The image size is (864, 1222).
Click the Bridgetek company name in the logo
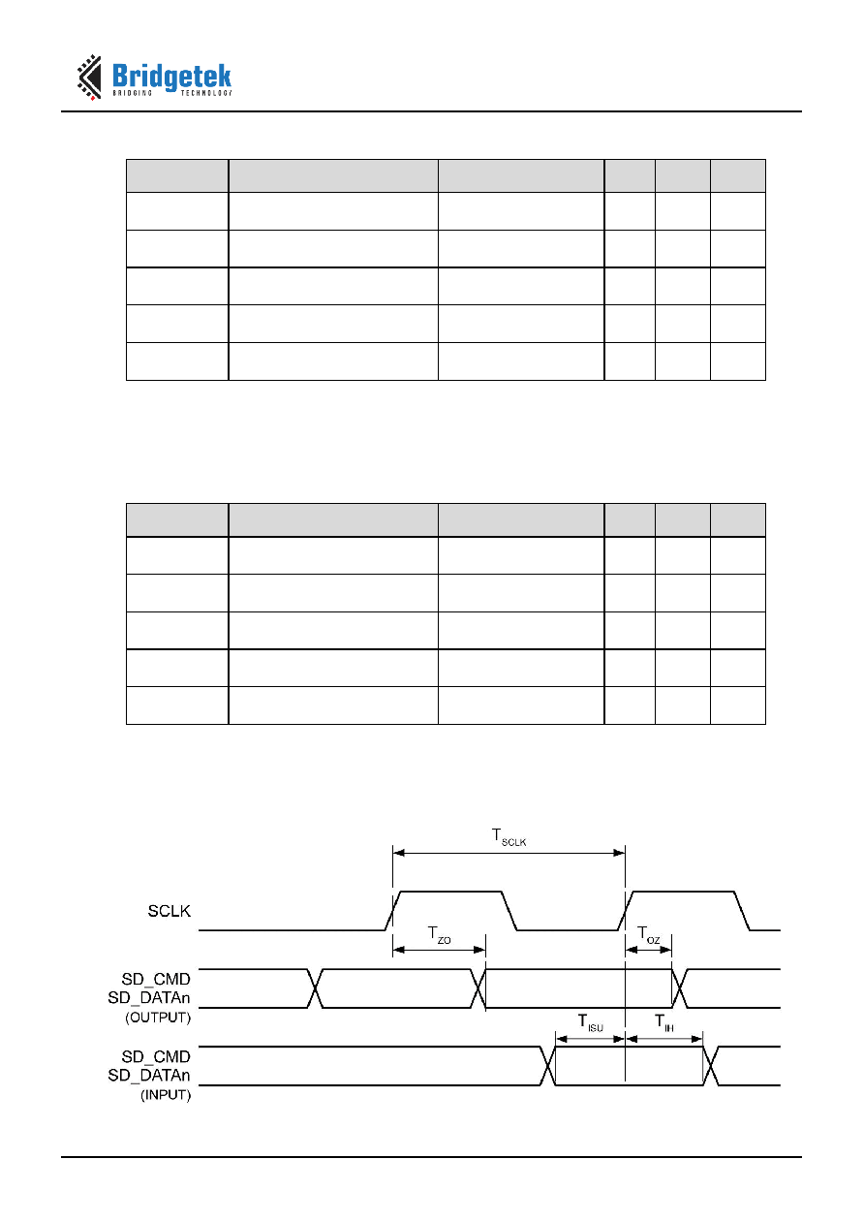pos(171,77)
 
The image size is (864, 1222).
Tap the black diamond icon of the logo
pos(90,77)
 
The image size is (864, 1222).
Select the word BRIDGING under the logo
pos(133,93)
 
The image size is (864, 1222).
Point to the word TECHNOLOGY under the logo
pos(206,93)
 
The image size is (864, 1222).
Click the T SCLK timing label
pos(509,837)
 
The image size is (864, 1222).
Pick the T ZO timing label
pos(440,934)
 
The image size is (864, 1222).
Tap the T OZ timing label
pos(649,934)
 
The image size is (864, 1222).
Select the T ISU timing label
pos(590,1022)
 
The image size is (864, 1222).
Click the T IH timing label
pos(664,1022)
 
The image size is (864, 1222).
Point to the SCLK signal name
pos(169,911)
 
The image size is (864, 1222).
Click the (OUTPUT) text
pos(158,1018)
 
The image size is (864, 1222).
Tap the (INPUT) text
pos(166,1095)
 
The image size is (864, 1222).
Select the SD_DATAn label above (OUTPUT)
pos(149,998)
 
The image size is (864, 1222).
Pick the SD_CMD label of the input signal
pos(156,1056)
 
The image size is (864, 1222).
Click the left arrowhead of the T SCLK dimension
pos(399,853)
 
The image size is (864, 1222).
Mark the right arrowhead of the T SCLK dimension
pos(619,853)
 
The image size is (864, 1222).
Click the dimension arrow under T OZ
pos(649,950)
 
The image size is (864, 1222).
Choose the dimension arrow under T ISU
pos(590,1039)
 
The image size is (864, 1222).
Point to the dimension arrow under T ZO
pos(440,950)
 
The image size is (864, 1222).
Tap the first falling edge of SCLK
pos(509,911)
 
